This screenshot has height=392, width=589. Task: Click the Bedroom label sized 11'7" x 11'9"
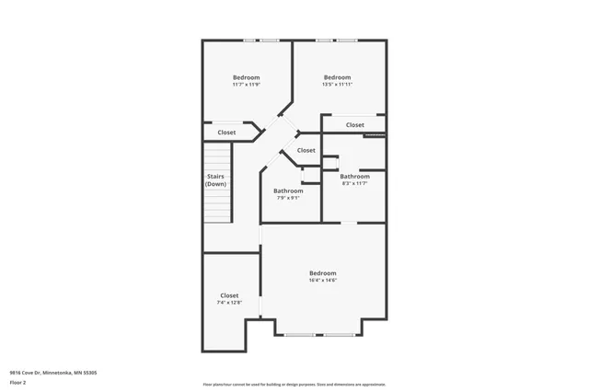tap(246, 77)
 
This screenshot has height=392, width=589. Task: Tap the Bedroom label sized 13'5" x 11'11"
tap(337, 77)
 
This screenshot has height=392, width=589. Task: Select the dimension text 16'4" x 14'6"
tap(322, 281)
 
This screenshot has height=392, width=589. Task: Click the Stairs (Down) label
tap(215, 179)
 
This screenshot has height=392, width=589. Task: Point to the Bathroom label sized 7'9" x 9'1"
tap(288, 190)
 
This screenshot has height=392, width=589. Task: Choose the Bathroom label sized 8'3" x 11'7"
tap(354, 177)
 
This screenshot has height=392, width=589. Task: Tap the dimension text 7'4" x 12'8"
tap(229, 303)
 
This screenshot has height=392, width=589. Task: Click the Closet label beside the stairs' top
tap(226, 133)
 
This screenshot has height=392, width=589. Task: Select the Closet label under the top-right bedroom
tap(354, 125)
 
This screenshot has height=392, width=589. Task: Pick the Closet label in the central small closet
tap(306, 150)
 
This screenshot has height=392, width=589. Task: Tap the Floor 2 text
tap(18, 382)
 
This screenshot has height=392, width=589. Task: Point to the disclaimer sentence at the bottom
tap(294, 385)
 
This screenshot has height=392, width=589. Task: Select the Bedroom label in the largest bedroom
tap(322, 273)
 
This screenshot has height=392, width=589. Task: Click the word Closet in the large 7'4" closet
tap(229, 295)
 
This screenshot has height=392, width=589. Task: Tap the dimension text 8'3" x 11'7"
tap(354, 183)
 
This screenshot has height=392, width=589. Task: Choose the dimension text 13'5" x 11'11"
tap(337, 85)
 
